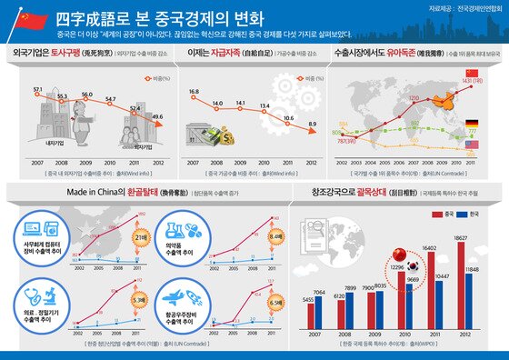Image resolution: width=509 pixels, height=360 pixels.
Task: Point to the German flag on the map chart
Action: click(471, 123)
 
